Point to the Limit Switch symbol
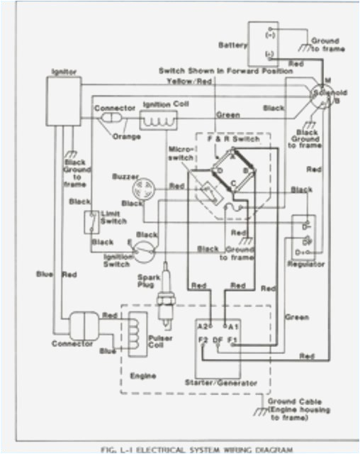[90, 222]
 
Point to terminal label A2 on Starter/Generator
[203, 326]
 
